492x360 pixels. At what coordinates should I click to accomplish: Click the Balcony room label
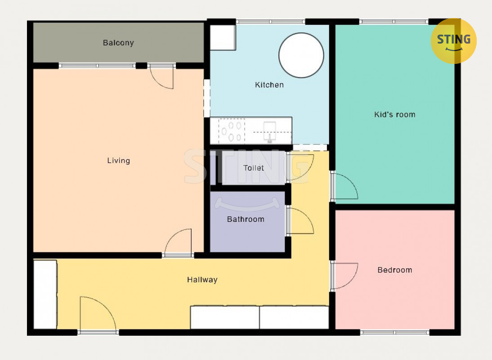(x=118, y=43)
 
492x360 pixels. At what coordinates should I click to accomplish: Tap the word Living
(x=119, y=161)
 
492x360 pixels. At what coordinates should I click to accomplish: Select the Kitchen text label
(x=269, y=85)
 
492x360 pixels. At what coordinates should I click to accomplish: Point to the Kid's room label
(x=395, y=115)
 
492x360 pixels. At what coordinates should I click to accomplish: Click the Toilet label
(x=254, y=168)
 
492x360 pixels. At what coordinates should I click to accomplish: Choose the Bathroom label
(x=246, y=219)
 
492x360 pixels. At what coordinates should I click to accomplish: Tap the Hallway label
(x=202, y=279)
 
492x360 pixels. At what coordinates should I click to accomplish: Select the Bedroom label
(x=395, y=270)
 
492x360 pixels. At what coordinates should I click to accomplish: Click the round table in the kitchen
(x=301, y=55)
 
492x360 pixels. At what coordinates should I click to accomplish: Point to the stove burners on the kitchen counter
(x=232, y=131)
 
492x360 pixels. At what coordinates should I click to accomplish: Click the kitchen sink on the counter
(x=269, y=131)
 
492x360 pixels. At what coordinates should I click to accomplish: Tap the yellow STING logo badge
(x=454, y=41)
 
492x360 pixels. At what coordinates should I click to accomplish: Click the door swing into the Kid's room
(x=344, y=186)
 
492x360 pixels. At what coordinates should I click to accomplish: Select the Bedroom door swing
(x=344, y=276)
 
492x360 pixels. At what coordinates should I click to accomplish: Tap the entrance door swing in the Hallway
(x=98, y=313)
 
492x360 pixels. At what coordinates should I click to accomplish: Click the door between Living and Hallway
(x=178, y=241)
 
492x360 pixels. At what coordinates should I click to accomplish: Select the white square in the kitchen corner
(x=223, y=37)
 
